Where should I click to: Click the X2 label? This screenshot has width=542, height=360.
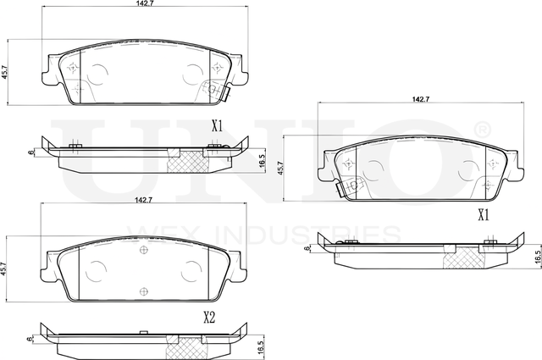(x=210, y=318)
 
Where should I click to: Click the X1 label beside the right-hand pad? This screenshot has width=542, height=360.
(x=484, y=215)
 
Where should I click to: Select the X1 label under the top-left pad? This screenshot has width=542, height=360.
(x=217, y=126)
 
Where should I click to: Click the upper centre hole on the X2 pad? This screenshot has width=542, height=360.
(x=142, y=251)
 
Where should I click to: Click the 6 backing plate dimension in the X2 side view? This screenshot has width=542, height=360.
(x=30, y=339)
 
